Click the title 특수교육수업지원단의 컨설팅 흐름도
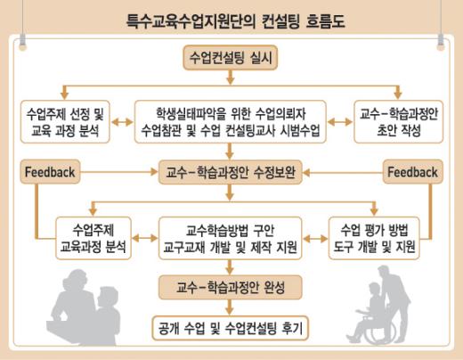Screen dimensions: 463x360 [x=236, y=21]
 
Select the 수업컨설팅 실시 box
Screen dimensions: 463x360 [x=231, y=58]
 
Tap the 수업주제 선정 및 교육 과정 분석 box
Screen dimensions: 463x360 [x=65, y=122]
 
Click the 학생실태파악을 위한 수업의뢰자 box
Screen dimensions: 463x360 [x=231, y=122]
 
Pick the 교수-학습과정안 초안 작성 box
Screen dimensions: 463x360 [x=399, y=122]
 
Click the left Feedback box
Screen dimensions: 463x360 [x=50, y=172]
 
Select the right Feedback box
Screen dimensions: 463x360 [x=412, y=172]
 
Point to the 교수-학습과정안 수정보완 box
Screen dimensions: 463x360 [x=231, y=172]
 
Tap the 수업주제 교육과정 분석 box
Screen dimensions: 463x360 [x=93, y=238]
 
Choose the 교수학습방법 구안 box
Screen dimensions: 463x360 [x=231, y=238]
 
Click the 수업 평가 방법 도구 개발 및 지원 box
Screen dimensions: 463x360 [x=374, y=238]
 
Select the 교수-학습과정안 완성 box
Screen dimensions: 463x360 [x=231, y=288]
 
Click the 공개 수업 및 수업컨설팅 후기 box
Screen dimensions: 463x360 [x=231, y=328]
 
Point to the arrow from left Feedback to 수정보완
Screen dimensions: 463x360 [x=119, y=172]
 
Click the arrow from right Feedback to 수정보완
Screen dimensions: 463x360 [x=343, y=173]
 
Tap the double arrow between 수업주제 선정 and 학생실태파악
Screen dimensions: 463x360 [x=122, y=122]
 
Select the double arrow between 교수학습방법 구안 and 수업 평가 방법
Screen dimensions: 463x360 [x=315, y=238]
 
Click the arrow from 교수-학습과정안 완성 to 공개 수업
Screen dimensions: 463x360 [x=230, y=307]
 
